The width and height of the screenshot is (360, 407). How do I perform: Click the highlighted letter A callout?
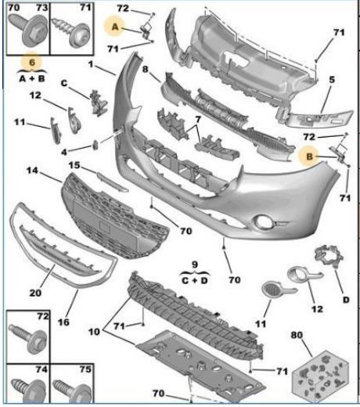tap(115, 27)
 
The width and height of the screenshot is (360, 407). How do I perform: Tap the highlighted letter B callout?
tap(309, 157)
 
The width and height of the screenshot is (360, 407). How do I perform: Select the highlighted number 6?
tap(32, 63)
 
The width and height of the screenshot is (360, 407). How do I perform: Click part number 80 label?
tap(297, 335)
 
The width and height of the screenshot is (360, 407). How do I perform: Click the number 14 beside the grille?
tap(32, 171)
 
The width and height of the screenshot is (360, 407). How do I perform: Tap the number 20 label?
tap(35, 293)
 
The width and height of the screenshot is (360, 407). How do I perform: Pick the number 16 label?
tap(63, 322)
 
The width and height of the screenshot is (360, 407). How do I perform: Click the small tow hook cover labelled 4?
tap(95, 145)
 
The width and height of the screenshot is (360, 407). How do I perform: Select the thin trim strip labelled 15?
tap(113, 182)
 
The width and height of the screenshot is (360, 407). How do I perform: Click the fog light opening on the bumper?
tap(263, 222)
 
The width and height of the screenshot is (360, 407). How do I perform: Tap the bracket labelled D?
tap(329, 256)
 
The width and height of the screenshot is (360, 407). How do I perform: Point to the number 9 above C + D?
tap(195, 265)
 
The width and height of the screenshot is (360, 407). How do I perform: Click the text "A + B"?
tap(32, 78)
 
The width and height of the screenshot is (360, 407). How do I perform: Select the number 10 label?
tap(94, 332)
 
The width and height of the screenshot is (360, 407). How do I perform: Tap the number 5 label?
tap(332, 80)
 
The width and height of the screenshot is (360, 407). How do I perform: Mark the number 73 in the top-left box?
tap(41, 7)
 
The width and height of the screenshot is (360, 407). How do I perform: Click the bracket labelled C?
tap(99, 103)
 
